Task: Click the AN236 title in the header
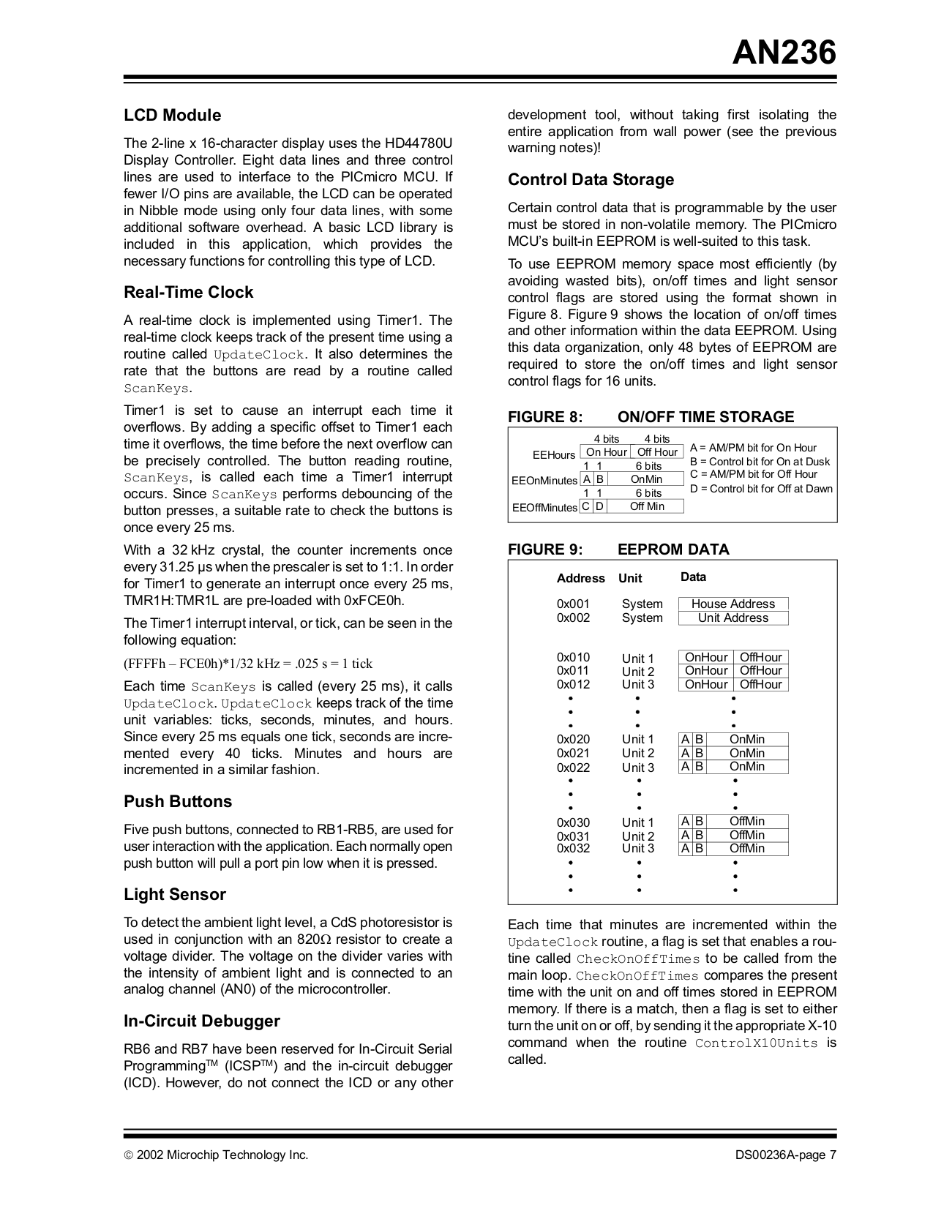pyautogui.click(x=784, y=53)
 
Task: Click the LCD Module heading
pyautogui.click(x=172, y=116)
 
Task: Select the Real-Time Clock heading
pyautogui.click(x=188, y=293)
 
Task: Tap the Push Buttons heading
pyautogui.click(x=177, y=802)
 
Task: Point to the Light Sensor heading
pyautogui.click(x=174, y=895)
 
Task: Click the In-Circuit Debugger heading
pyautogui.click(x=201, y=1021)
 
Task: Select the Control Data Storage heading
pyautogui.click(x=591, y=180)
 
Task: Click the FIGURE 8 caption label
pyautogui.click(x=545, y=417)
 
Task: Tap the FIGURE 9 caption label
pyautogui.click(x=545, y=549)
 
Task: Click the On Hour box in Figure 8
pyautogui.click(x=606, y=452)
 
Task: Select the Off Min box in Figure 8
pyautogui.click(x=646, y=506)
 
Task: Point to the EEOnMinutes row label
pyautogui.click(x=544, y=481)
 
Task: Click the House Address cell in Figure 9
pyautogui.click(x=732, y=604)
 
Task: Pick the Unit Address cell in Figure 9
pyautogui.click(x=732, y=618)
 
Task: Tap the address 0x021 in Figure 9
pyautogui.click(x=573, y=753)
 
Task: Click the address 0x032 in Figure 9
pyautogui.click(x=573, y=849)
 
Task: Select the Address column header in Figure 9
pyautogui.click(x=580, y=578)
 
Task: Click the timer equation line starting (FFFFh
pyautogui.click(x=248, y=664)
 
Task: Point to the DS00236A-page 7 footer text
pyautogui.click(x=785, y=1155)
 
